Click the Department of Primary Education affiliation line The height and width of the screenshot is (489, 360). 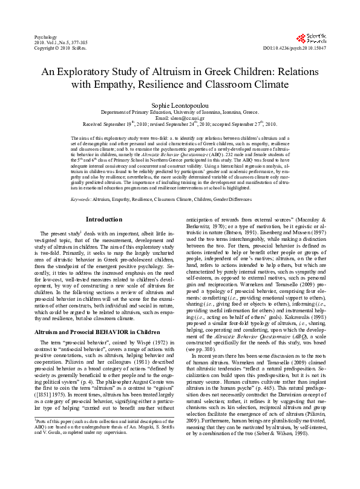(179, 113)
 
